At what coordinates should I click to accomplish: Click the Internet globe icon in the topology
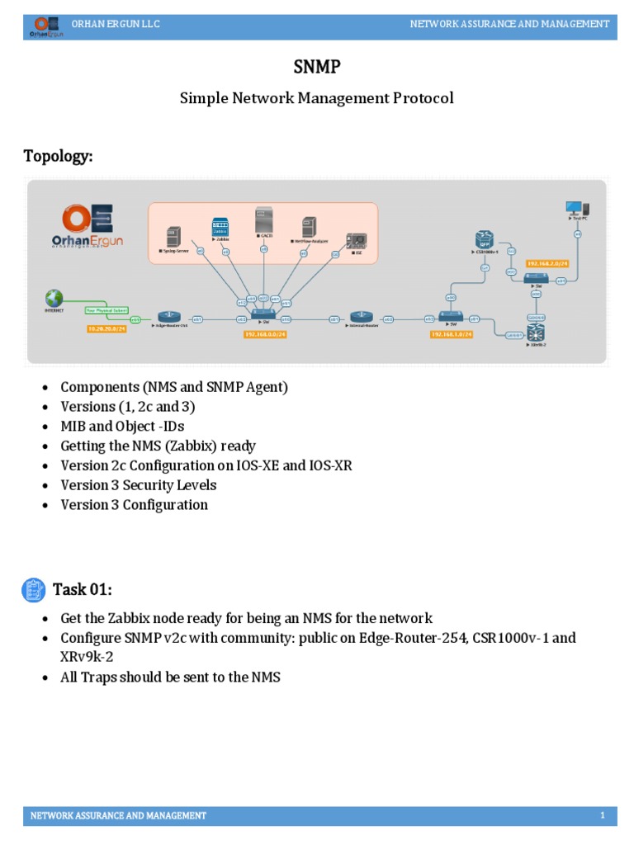tap(54, 297)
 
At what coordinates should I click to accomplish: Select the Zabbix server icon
tap(220, 229)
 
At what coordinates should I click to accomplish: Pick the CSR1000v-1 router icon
tap(485, 239)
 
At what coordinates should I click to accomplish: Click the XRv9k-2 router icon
tap(537, 334)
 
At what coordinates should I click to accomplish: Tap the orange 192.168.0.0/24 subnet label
tap(265, 334)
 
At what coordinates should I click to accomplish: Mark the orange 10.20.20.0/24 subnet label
tap(105, 328)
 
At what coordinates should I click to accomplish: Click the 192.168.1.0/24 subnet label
tap(451, 334)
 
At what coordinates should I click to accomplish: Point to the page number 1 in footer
tap(603, 816)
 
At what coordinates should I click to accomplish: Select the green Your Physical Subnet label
tap(105, 312)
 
